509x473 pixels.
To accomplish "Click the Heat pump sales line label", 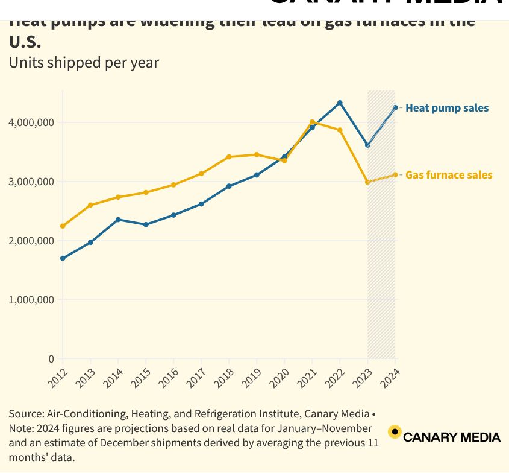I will point(447,108).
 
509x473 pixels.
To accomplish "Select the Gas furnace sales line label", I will point(449,175).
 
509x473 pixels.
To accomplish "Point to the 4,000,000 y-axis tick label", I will point(31,122).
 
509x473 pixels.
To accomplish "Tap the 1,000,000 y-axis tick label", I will point(31,300).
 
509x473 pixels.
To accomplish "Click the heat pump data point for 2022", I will point(340,103).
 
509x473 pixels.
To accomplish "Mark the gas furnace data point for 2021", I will point(312,122).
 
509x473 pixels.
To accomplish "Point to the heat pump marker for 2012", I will point(63,258).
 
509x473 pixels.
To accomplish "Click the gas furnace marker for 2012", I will point(63,226).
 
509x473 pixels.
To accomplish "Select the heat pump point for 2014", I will point(118,220).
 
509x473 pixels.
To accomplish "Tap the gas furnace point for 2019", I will point(257,154).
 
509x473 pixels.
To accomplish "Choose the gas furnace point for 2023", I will point(367,182).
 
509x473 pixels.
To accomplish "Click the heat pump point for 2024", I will point(395,107).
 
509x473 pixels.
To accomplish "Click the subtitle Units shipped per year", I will point(84,62).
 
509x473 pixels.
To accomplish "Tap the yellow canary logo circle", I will point(395,432).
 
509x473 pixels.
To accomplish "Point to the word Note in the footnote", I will point(20,428).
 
